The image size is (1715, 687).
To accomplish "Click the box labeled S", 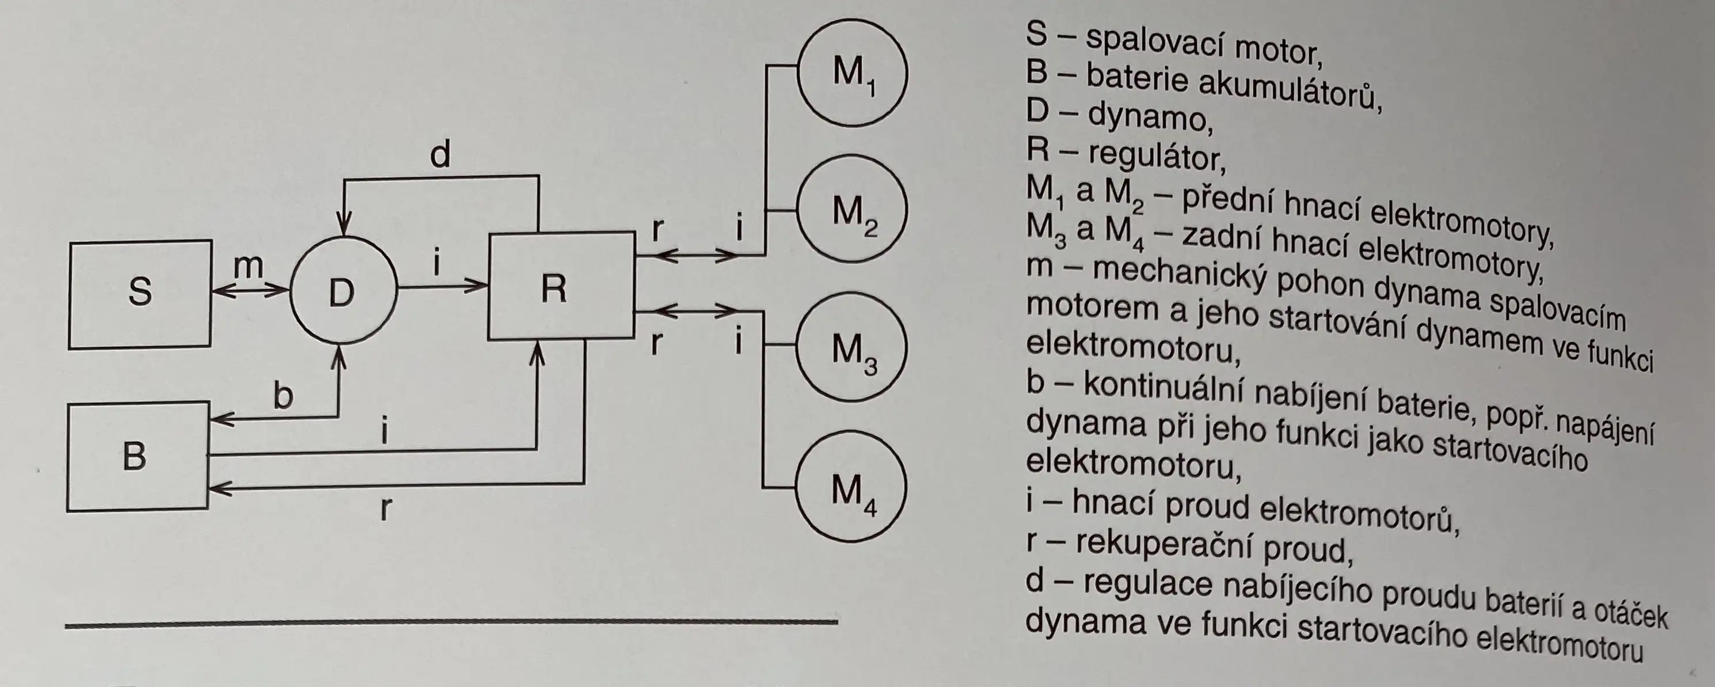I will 140,294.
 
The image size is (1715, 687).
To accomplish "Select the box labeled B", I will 136,457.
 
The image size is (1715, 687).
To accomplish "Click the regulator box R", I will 561,286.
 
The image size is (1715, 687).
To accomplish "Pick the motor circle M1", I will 852,73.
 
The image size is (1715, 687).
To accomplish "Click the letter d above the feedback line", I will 440,155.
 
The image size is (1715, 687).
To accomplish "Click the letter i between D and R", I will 437,262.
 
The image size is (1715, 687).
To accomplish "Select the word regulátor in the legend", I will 1157,157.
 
